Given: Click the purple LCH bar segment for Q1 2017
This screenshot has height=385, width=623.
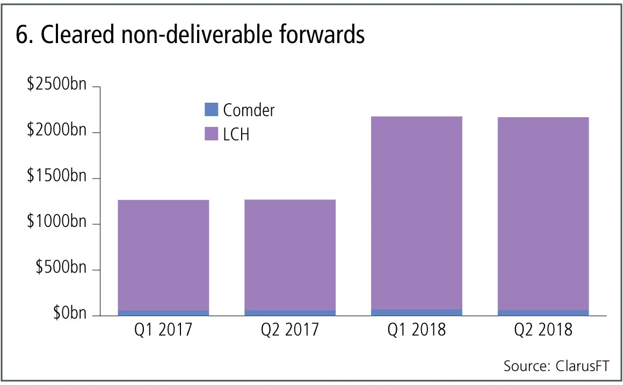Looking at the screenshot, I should (163, 255).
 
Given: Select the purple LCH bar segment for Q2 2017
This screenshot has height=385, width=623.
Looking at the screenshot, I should (290, 255).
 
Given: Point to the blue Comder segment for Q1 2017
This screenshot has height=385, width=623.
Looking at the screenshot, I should (163, 312).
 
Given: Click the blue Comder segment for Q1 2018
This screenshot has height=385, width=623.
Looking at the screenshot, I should (417, 312).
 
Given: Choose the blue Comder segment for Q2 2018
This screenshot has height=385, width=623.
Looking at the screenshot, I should (543, 312).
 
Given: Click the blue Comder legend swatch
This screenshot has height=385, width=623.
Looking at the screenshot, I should (212, 110).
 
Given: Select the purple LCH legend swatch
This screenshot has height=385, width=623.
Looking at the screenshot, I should (212, 134).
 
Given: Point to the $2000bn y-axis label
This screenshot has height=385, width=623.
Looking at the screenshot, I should (56, 131).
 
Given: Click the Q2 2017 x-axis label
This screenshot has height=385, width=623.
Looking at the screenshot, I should (290, 329).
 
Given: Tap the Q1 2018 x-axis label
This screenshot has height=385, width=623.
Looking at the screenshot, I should (417, 329).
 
